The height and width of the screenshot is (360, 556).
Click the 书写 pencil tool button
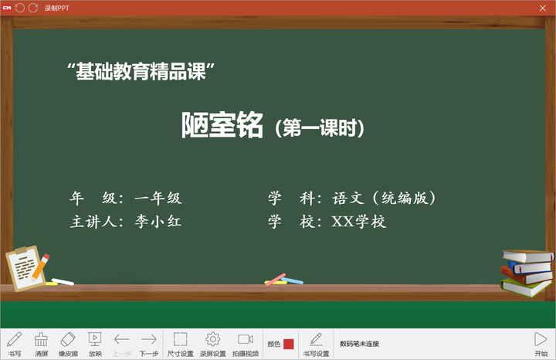pyautogui.click(x=15, y=344)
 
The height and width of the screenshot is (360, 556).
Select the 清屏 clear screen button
pyautogui.click(x=41, y=344)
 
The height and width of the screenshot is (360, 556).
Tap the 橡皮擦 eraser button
pyautogui.click(x=68, y=344)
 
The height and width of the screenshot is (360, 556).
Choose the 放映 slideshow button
pyautogui.click(x=95, y=344)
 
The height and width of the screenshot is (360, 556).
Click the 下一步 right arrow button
pyautogui.click(x=148, y=344)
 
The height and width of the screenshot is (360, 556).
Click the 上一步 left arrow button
pyautogui.click(x=122, y=344)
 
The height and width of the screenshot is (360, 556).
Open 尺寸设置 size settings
pyautogui.click(x=180, y=344)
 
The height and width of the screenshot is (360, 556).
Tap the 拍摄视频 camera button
pyautogui.click(x=246, y=344)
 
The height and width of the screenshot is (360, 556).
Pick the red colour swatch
pyautogui.click(x=289, y=344)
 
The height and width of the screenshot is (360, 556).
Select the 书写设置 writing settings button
pyautogui.click(x=316, y=344)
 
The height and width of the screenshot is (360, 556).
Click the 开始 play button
pyautogui.click(x=541, y=344)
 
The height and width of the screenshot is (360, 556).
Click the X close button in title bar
pyautogui.click(x=543, y=8)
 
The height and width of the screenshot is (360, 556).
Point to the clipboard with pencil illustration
pyautogui.click(x=26, y=268)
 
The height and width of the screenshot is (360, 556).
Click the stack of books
pyautogui.click(x=527, y=273)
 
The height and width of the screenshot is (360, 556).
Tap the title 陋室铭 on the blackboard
pyautogui.click(x=222, y=125)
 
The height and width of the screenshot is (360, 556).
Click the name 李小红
pyautogui.click(x=158, y=222)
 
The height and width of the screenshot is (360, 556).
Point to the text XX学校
pyautogui.click(x=359, y=222)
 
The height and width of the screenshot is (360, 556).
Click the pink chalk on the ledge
pyautogui.click(x=276, y=280)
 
